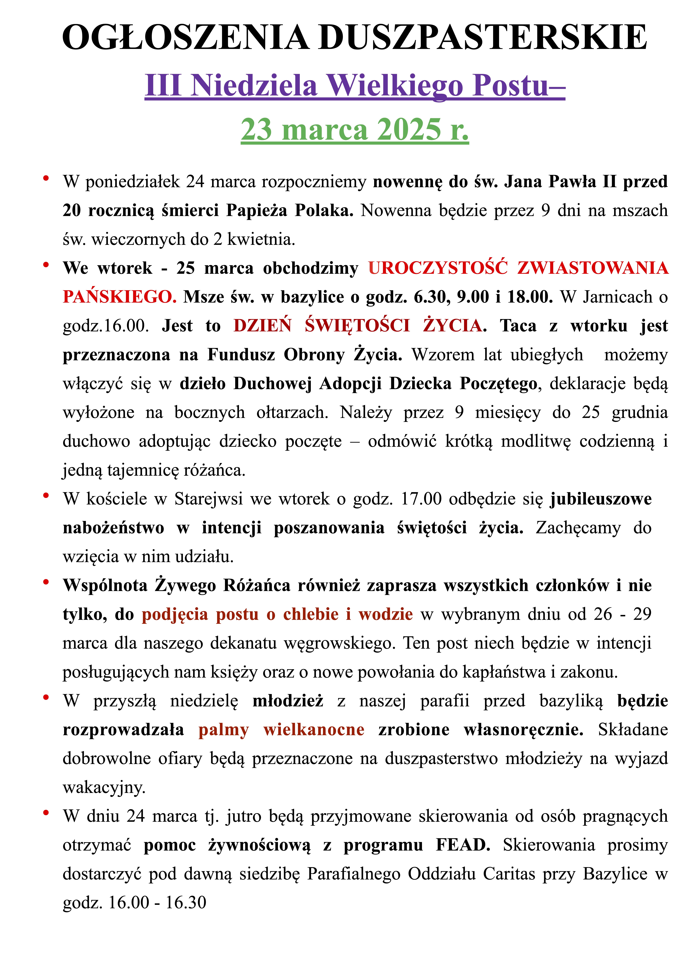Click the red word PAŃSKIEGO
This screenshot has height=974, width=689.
point(119,297)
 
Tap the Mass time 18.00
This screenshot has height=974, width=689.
point(530,297)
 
